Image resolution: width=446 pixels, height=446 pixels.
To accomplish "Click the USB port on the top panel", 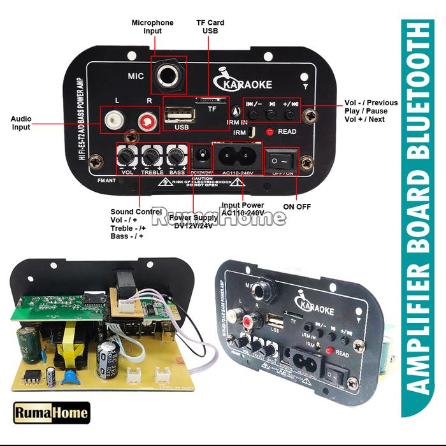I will click(x=180, y=116).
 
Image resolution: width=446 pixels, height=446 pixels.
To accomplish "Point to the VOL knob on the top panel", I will click(x=127, y=155).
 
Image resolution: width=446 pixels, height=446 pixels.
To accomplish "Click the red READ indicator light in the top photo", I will click(x=270, y=132).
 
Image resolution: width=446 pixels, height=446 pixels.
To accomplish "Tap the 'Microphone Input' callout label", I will click(x=152, y=27).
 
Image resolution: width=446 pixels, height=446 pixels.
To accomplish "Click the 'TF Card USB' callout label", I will click(x=210, y=27).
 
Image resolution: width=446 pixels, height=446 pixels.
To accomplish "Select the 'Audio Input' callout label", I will click(x=21, y=123).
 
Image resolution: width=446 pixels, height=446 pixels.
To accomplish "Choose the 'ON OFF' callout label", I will click(x=297, y=206).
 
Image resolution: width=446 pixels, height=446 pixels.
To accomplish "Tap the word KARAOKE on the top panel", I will click(x=248, y=84).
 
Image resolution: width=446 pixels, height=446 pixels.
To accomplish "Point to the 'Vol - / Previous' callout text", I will click(x=371, y=103).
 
